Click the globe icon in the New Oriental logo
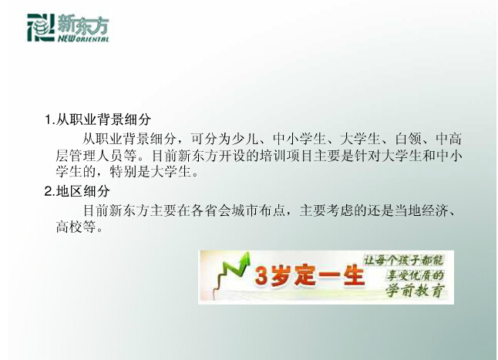point(42,27)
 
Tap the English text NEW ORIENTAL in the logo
point(83,39)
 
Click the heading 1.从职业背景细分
point(98,119)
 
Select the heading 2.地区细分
point(77,191)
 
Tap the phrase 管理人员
point(96,156)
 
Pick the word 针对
point(368,156)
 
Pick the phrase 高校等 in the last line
point(76,227)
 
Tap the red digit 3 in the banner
point(262,275)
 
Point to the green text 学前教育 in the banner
point(415,291)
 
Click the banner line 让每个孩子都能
point(403,261)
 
